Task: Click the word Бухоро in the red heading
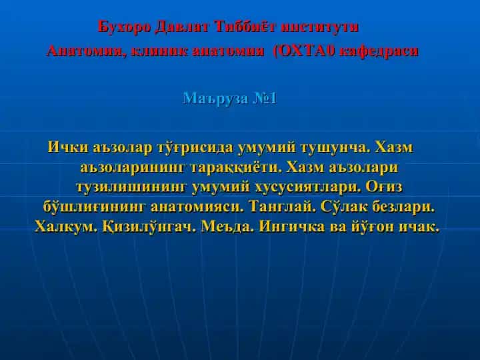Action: click(124, 27)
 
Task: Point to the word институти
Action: click(319, 27)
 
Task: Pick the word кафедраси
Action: click(379, 51)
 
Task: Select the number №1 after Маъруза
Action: click(265, 99)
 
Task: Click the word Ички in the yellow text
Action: click(68, 147)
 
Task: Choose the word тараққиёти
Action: click(236, 167)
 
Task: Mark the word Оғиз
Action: click(384, 187)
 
